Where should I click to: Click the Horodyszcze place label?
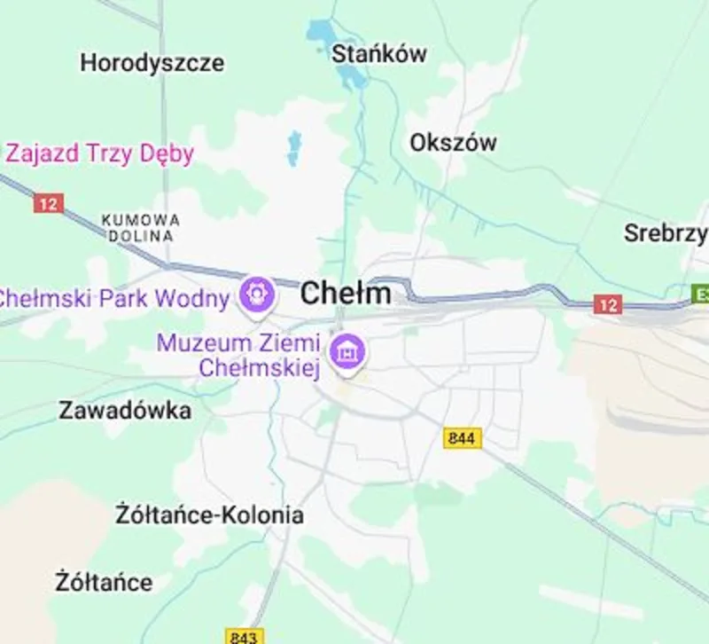coord(152,63)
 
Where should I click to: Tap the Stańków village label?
coord(378,53)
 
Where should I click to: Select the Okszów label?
coord(453,142)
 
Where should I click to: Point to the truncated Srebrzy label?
coord(666,233)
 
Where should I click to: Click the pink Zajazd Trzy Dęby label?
coord(99,153)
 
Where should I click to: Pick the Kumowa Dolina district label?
coord(140,228)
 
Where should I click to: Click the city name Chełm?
coord(346,293)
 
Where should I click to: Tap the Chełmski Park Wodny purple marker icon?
coord(257,293)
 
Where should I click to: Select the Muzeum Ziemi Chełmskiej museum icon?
coord(347,350)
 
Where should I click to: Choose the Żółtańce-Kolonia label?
coord(210,514)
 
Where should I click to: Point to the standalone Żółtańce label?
coord(103,583)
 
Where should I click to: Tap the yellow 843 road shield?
coord(245,636)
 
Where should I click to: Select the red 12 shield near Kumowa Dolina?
coord(49,203)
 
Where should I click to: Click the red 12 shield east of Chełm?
coord(607,305)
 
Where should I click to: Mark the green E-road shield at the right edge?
coord(701,293)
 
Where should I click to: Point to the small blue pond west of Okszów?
coord(293,147)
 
